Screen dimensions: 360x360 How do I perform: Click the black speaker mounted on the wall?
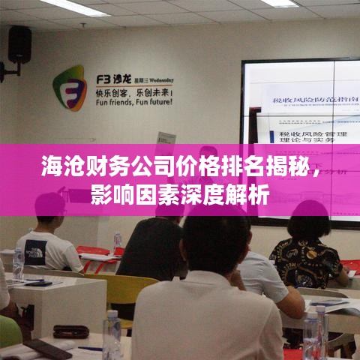coord(19,46)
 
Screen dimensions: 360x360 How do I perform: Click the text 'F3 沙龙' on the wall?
coord(112,77)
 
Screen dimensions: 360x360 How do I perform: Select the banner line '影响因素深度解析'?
coord(179,196)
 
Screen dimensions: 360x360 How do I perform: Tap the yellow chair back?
coord(124,289)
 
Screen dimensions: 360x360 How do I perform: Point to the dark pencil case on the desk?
coord(71,331)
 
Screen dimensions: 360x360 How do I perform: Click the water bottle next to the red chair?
coord(117,242)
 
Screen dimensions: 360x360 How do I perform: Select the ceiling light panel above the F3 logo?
coord(75,7)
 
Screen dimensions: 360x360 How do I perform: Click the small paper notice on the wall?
coord(166,140)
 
